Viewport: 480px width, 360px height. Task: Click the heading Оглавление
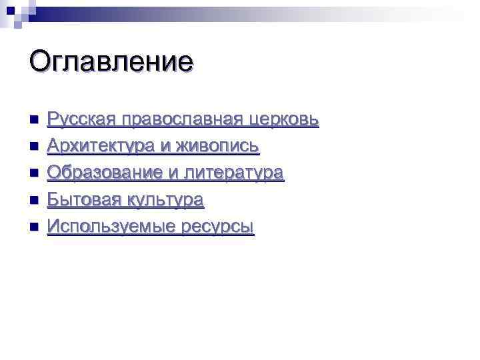[111, 62]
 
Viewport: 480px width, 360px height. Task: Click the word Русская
[80, 119]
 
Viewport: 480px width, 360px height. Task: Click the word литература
[234, 173]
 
